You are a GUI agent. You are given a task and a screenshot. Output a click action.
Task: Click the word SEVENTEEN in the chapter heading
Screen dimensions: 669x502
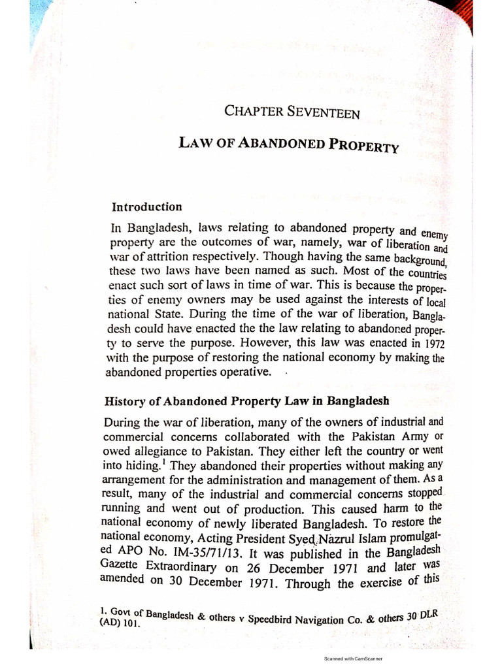click(x=325, y=112)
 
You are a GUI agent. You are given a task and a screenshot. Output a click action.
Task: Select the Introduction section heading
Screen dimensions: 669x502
click(x=147, y=207)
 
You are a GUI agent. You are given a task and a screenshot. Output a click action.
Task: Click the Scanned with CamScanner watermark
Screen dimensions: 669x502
click(x=353, y=659)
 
